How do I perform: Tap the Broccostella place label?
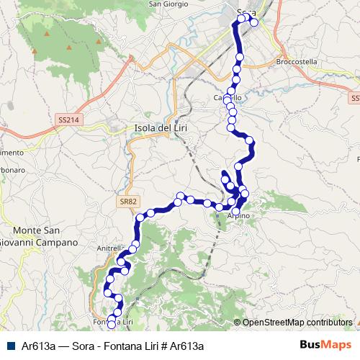pos(297,63)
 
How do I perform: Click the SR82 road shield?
pos(127,202)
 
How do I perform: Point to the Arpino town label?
pos(238,215)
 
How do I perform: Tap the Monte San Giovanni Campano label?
pos(39,236)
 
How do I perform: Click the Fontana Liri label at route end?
pos(114,321)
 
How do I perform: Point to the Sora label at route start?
pos(246,11)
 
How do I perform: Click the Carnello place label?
pos(227,98)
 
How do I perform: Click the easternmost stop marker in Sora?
pos(253,22)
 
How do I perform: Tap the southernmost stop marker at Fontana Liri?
pos(111,325)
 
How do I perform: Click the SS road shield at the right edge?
pos(356,98)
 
